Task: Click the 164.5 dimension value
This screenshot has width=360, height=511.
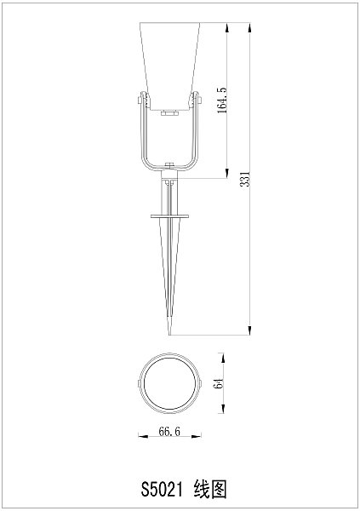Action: (222, 101)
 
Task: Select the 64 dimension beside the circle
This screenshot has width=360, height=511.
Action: (219, 383)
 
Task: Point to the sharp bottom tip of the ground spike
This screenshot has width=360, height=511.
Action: (170, 333)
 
